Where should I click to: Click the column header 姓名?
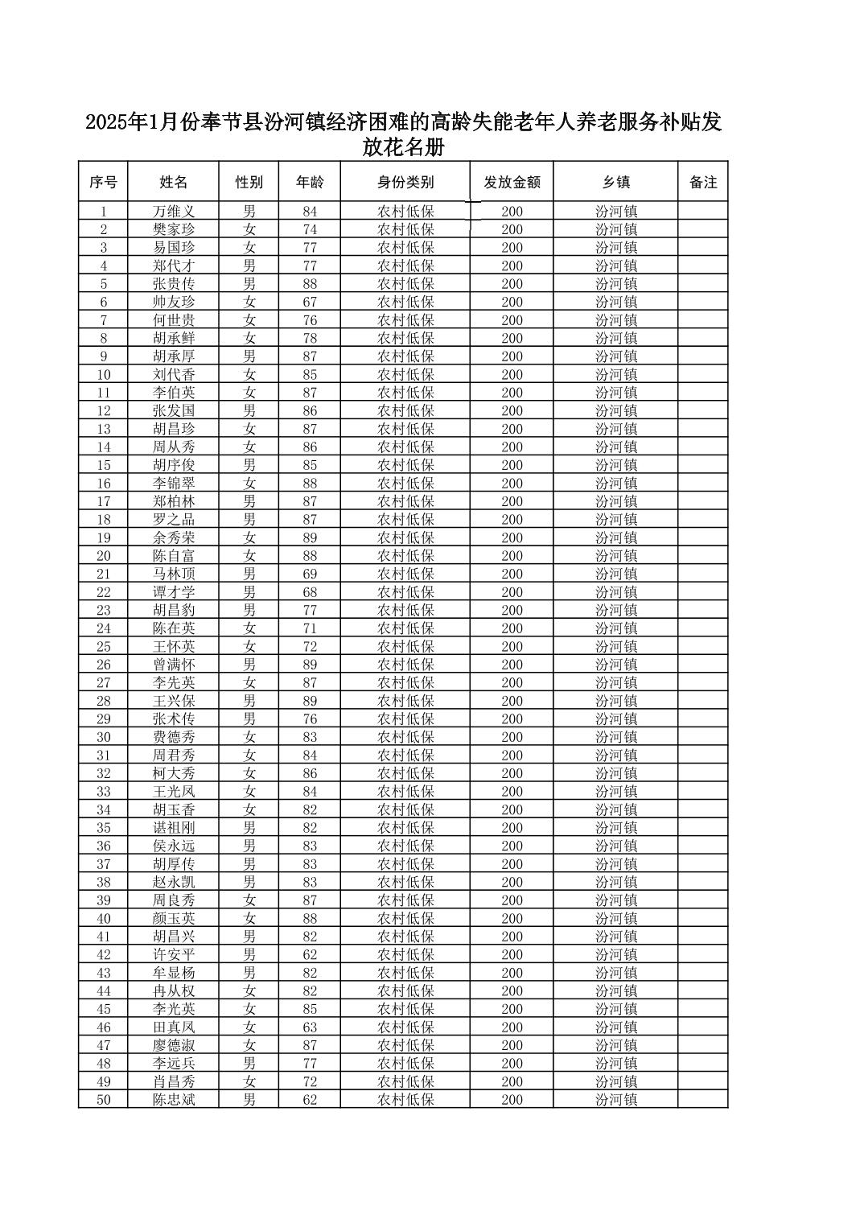pos(173,183)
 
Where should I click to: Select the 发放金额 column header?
pos(512,183)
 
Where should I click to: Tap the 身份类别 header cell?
pos(405,183)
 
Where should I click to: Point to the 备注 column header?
pos(702,183)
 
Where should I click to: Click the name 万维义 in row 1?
pos(174,212)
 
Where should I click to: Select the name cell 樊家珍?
pos(174,229)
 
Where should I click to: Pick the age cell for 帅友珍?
pos(310,302)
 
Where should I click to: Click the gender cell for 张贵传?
pos(249,284)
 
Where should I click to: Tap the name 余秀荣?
pos(174,537)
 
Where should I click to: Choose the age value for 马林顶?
pos(310,574)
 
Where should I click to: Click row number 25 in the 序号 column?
pos(104,646)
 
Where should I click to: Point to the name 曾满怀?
pos(174,665)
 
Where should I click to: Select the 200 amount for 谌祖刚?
pos(512,828)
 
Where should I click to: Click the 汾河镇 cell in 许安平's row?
pos(616,954)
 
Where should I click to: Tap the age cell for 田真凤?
pos(310,1027)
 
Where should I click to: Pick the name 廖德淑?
pos(174,1045)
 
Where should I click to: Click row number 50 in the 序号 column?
pos(104,1100)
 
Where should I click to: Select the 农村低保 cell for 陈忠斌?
pos(405,1100)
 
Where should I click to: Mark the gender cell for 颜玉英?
pos(249,918)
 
